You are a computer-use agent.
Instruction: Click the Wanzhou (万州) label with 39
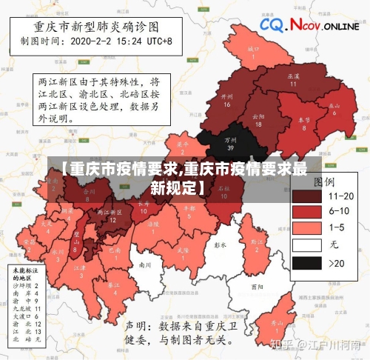[230, 143]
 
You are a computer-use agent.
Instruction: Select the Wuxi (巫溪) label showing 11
[293, 80]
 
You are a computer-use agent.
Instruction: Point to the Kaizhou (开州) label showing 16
[227, 100]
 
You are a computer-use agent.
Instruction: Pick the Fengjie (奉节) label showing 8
[303, 123]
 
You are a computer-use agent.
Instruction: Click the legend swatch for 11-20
[306, 196]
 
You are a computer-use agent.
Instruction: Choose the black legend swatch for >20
[306, 262]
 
